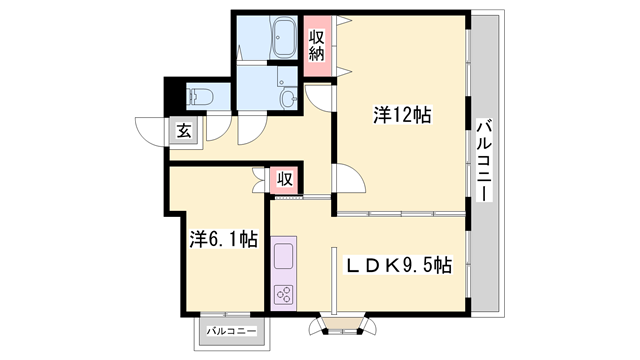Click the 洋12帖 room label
tap(402, 115)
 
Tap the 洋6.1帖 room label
tap(224, 239)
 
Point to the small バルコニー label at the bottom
tap(232, 330)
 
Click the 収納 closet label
tap(317, 45)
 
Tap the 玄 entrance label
tap(185, 129)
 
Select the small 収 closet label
tap(284, 180)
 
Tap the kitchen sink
tap(283, 253)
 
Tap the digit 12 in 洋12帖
tap(404, 115)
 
